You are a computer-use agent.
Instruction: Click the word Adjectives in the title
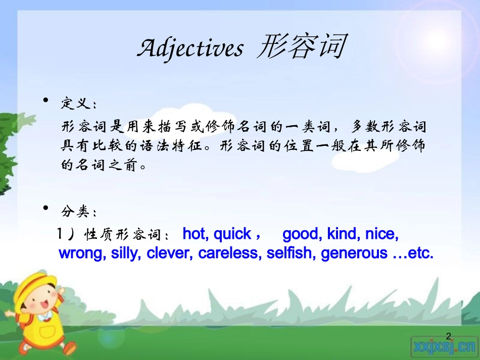pyautogui.click(x=190, y=49)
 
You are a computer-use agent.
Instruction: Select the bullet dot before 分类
pyautogui.click(x=46, y=208)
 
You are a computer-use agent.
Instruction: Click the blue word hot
pyautogui.click(x=195, y=234)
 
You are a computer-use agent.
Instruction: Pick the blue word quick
pyautogui.click(x=232, y=234)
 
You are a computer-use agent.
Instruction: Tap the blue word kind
pyautogui.click(x=343, y=234)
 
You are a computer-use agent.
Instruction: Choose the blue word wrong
pyautogui.click(x=80, y=253)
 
